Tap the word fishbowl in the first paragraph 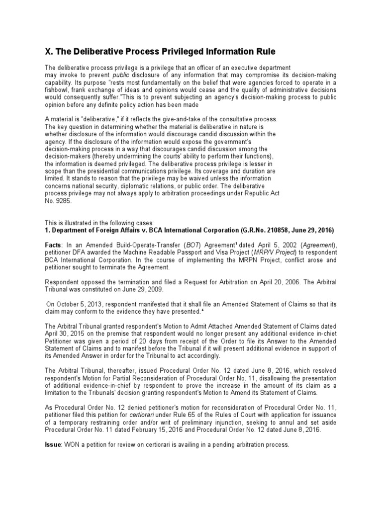[x=59, y=90]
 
